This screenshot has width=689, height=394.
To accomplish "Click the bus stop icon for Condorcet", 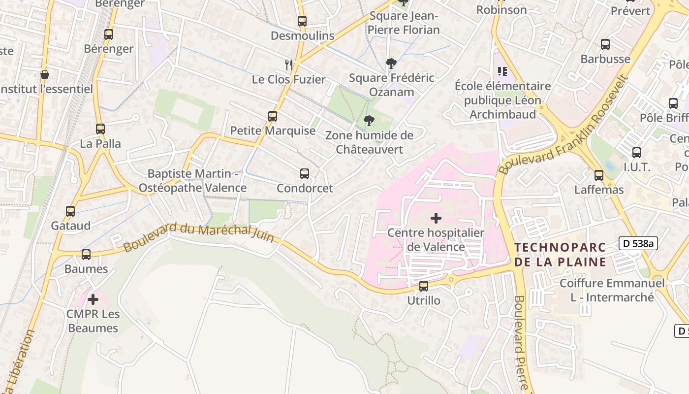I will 305,174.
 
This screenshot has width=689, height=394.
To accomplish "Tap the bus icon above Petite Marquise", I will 273,116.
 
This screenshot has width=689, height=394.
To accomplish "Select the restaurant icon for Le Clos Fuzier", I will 289,65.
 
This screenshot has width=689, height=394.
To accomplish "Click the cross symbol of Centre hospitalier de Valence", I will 436,218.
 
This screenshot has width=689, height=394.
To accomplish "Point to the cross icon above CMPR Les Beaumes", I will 93,299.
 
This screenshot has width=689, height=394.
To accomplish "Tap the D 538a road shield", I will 638,243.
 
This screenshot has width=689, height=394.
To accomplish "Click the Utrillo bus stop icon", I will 424,286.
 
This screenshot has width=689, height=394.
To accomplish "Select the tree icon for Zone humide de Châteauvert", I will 369,121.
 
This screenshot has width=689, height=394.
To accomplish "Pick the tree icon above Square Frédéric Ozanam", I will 391,63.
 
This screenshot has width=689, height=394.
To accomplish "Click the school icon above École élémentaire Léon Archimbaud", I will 502,71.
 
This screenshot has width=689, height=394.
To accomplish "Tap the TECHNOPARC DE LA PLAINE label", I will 560,255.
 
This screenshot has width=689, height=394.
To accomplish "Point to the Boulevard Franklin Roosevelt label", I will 564,125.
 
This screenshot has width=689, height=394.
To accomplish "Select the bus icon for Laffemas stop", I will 599,175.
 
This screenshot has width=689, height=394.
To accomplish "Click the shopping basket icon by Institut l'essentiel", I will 45,74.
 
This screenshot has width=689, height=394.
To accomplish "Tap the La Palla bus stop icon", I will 100,129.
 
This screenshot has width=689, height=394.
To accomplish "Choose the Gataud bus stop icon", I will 70,211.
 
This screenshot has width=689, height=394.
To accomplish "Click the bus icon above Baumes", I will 86,255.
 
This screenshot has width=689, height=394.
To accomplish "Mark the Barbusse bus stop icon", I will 605,44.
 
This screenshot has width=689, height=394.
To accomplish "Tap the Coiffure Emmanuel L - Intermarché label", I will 612,290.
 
